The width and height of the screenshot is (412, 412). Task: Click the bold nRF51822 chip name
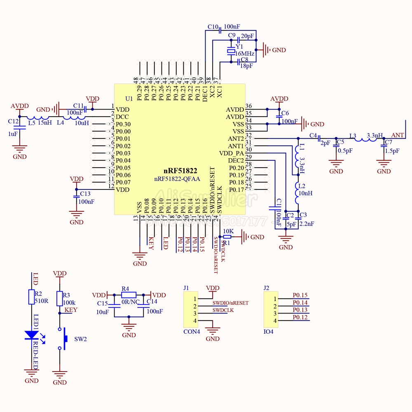[x=180, y=171]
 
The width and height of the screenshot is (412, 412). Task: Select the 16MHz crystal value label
[x=245, y=53]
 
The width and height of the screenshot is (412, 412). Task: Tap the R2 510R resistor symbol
[x=31, y=297]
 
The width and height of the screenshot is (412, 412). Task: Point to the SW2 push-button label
[x=80, y=339]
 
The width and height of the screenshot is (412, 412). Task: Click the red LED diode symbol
[x=31, y=335]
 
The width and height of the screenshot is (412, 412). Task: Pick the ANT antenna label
[x=397, y=135]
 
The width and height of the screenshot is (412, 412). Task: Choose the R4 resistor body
[x=129, y=295]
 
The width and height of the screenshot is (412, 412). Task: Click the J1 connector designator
[x=186, y=288]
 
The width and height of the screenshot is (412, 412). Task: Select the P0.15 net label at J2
[x=300, y=295]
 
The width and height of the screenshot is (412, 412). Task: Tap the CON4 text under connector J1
[x=192, y=332]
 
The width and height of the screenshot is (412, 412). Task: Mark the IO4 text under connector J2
[x=268, y=332]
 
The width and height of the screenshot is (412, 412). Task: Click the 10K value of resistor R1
[x=228, y=232]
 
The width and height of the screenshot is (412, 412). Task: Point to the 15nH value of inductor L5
[x=45, y=122]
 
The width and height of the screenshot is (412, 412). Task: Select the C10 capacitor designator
[x=213, y=27]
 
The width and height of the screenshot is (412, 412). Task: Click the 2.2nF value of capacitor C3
[x=307, y=224]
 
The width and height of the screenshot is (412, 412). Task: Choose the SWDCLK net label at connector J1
[x=223, y=310]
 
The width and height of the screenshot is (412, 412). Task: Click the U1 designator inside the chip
[x=129, y=99]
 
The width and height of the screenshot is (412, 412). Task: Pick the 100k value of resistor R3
[x=69, y=302]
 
